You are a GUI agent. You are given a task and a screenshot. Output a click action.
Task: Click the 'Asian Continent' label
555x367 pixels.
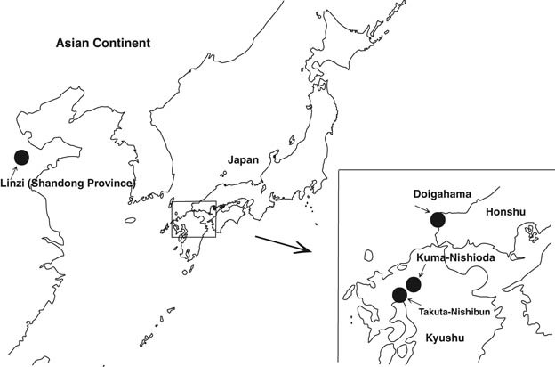pos(103,44)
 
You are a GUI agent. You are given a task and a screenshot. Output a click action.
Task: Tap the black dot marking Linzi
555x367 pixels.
pos(21,158)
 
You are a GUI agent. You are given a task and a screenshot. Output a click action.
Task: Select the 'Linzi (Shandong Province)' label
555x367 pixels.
pos(68,183)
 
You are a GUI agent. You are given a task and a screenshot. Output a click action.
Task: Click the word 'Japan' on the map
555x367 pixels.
pos(243,160)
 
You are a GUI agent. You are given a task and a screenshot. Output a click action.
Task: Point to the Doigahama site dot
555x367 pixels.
pos(438,220)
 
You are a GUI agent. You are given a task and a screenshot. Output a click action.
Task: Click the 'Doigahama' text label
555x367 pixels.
pos(442,194)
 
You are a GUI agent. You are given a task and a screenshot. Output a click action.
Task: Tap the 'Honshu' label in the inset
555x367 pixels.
pos(505,212)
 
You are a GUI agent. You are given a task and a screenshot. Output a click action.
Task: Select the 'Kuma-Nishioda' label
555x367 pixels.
pos(455,257)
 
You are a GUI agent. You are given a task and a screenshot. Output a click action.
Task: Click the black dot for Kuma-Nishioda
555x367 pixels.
pos(413,285)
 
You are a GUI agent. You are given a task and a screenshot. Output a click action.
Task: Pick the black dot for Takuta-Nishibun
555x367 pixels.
pos(400,295)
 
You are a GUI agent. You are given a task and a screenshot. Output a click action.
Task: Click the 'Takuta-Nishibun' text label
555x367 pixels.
pos(454,312)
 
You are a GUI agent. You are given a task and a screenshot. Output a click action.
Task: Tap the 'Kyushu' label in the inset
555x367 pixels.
pos(445,338)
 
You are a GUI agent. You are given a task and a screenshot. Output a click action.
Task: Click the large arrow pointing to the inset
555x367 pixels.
pos(283,244)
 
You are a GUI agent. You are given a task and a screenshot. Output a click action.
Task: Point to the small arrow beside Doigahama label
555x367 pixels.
pos(422,208)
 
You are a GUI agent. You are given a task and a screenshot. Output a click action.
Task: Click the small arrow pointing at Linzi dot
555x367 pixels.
pos(12,172)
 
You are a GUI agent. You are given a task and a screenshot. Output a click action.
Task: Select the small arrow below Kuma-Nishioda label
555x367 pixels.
pos(422,272)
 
